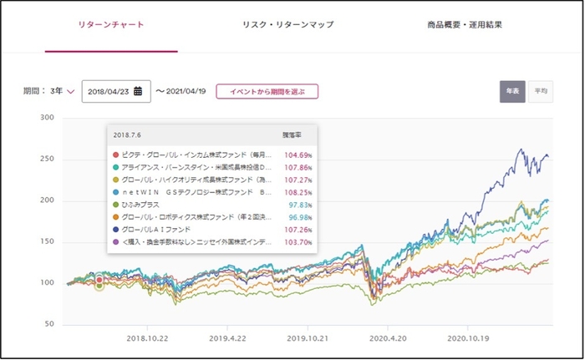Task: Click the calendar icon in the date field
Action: tap(138, 91)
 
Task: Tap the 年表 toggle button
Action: tap(512, 91)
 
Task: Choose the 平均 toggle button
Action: tap(540, 91)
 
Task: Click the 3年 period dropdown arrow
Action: tap(70, 91)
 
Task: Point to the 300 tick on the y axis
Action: tap(47, 119)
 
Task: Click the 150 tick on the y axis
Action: tap(47, 241)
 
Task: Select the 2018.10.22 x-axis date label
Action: tap(147, 340)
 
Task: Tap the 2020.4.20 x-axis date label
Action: tap(386, 340)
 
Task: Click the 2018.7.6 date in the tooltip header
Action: tap(127, 134)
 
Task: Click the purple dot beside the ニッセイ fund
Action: tap(114, 241)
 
